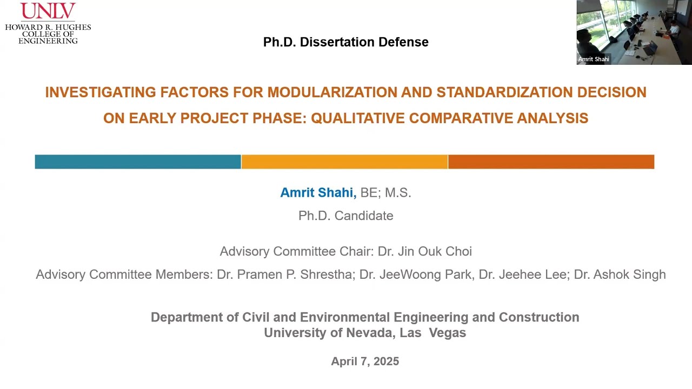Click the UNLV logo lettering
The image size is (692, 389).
(48, 11)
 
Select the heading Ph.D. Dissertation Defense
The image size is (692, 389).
(345, 42)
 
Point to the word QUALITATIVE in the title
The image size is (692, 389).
(358, 118)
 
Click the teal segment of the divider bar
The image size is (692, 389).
(138, 162)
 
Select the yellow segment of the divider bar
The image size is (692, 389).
(344, 162)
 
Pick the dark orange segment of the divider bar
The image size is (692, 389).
(551, 162)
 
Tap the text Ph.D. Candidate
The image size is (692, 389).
(345, 216)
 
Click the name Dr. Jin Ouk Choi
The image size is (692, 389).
(424, 251)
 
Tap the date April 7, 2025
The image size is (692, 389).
(365, 361)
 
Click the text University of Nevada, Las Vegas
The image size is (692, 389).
(365, 333)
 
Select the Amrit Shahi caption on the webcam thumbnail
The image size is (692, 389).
(594, 59)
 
